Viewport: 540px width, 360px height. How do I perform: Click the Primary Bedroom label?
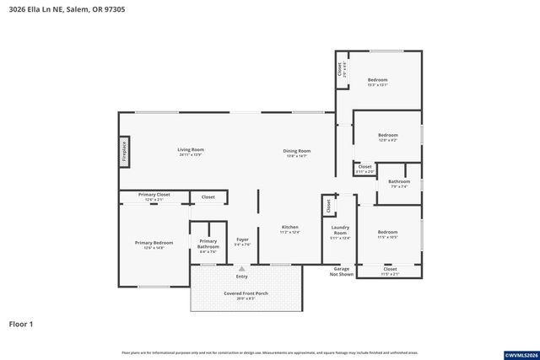[154, 244]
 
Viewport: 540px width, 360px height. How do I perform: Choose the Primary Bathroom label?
[208, 244]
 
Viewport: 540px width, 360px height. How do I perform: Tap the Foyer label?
[242, 242]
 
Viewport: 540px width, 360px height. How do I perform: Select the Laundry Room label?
[340, 229]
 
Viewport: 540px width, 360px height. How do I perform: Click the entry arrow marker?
[241, 269]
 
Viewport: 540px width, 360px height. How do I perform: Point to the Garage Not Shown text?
[341, 271]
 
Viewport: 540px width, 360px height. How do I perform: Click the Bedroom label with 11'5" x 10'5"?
[387, 234]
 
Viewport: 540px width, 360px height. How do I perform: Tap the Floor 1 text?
[21, 324]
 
